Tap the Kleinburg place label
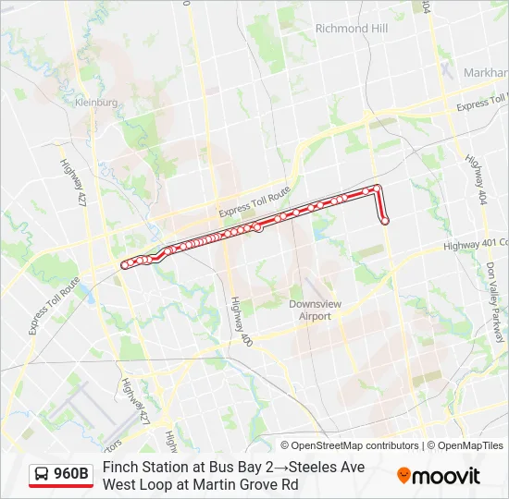98,103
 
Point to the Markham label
485,72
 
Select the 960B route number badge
71,475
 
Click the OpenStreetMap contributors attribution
355,445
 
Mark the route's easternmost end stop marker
385,220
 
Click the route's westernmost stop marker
124,265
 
